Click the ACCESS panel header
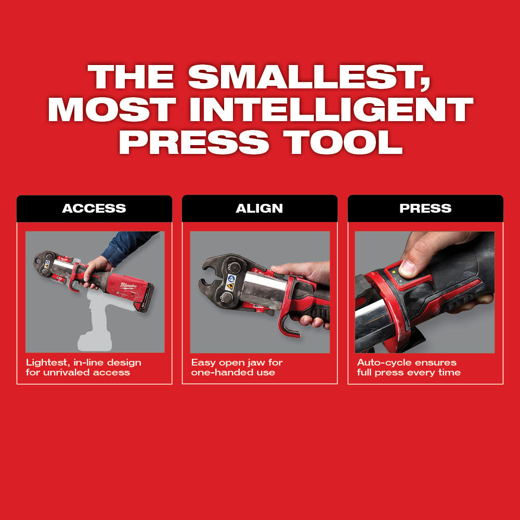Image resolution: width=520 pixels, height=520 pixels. click(x=94, y=209)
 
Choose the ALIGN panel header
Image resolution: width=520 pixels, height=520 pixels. click(x=259, y=209)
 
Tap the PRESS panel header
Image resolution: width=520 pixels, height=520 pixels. click(x=425, y=209)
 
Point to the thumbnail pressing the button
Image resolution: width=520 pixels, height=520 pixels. click(x=407, y=267)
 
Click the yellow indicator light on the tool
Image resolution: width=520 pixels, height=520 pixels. click(x=395, y=271)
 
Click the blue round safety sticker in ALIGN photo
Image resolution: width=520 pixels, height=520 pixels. click(x=231, y=279)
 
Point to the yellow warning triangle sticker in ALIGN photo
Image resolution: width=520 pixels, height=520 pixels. click(x=231, y=287)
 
